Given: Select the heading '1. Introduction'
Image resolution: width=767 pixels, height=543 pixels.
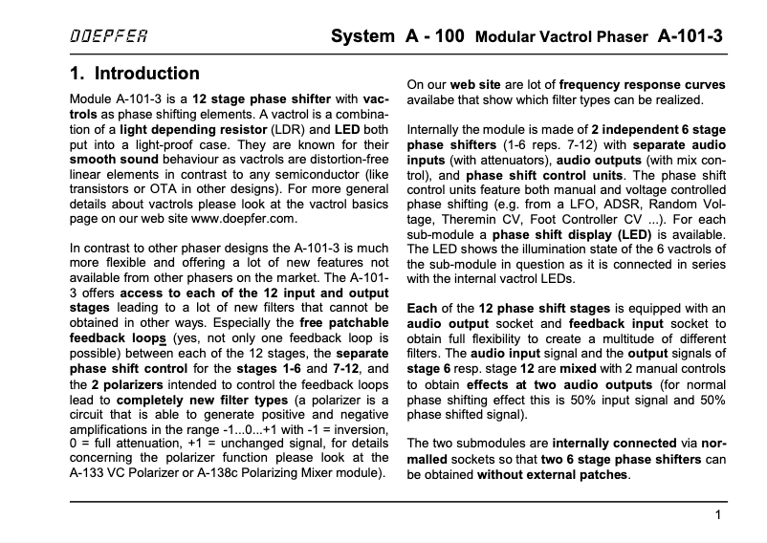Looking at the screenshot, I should coord(135,74).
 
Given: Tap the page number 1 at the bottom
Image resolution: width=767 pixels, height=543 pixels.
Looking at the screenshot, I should coord(717,516).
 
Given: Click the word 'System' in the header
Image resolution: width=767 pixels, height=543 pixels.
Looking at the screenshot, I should coord(362,38).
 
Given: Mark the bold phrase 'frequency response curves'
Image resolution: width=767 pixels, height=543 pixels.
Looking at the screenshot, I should coord(643,84).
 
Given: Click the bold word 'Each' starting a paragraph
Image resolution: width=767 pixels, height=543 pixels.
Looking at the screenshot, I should coord(422,308).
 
